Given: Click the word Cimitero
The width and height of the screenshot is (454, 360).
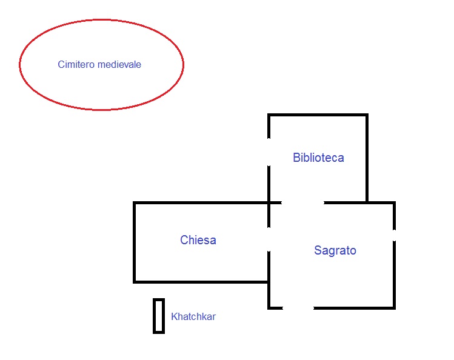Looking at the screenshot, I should tap(76, 64).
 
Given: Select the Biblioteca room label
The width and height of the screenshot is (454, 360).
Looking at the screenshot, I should tap(318, 158).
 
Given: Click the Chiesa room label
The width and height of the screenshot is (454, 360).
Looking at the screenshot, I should tap(198, 241).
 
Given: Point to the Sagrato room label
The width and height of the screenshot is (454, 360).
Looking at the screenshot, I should tap(335, 250).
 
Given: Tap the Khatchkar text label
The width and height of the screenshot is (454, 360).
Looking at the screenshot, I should tap(193, 316).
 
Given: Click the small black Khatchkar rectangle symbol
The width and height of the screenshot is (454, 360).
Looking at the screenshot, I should tap(159, 316).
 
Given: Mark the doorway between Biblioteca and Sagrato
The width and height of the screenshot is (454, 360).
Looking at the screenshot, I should tap(302, 202).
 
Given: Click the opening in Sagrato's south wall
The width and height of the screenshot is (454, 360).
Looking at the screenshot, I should tap(298, 308).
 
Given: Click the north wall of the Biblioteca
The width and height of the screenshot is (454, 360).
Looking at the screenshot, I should tap(318, 115).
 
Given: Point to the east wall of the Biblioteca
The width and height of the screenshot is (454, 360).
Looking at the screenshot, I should tap(367, 158).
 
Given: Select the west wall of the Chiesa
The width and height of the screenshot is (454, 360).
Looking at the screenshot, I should tap(134, 242).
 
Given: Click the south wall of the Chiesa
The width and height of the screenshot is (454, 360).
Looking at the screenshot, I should tap(200, 282).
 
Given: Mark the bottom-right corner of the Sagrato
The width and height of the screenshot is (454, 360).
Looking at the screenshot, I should tap(395, 308).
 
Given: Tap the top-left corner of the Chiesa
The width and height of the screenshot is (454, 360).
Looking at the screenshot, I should tap(134, 203).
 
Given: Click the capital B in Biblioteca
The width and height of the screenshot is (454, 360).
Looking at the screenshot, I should tap(296, 158).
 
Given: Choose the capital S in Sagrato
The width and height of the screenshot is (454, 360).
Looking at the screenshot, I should tap(318, 250).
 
